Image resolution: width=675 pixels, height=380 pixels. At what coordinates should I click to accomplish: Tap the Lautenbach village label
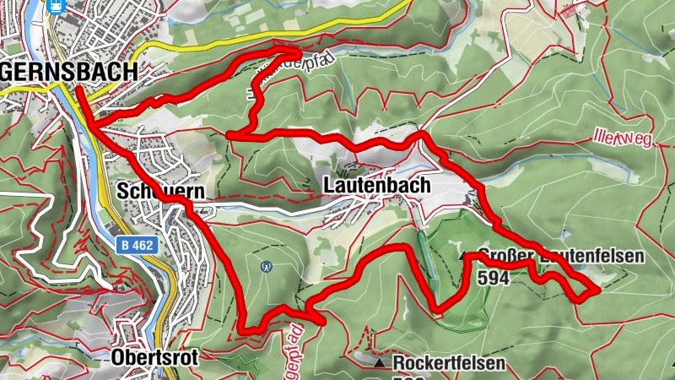(376, 185)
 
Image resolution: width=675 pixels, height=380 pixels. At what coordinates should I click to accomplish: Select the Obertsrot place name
(154, 358)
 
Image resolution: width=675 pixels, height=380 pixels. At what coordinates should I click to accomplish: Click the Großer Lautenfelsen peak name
(560, 257)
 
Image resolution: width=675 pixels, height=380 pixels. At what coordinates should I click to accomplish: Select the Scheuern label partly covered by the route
(160, 191)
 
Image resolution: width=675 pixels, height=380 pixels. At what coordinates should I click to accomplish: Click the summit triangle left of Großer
(462, 255)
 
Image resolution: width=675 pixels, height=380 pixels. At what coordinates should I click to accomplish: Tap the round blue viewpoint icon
(267, 266)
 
